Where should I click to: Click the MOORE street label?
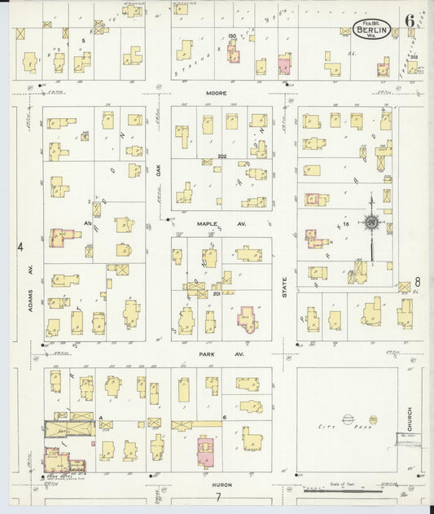click(215, 94)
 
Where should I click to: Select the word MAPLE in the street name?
click(204, 221)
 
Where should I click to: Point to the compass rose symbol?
click(370, 222)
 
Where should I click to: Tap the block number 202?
click(221, 157)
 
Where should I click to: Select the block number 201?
click(217, 294)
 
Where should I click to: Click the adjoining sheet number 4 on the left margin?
click(21, 245)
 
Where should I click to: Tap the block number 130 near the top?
click(231, 37)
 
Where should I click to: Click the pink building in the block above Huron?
click(205, 450)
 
